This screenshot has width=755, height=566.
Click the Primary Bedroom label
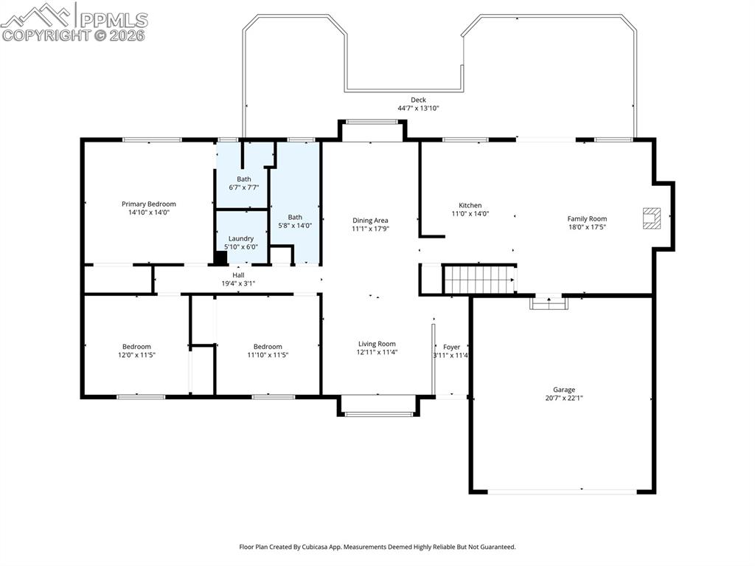(x=148, y=204)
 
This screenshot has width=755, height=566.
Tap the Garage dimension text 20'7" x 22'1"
(x=564, y=398)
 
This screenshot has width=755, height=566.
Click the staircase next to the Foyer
(x=479, y=280)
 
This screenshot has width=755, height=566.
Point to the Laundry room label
(x=240, y=238)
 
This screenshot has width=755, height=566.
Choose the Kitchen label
(x=470, y=205)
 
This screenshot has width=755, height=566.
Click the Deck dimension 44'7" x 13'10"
(x=418, y=108)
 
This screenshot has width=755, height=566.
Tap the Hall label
(x=238, y=275)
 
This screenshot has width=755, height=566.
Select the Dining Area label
(x=369, y=220)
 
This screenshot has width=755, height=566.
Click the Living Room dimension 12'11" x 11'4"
(x=377, y=353)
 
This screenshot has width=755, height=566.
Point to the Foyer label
(x=451, y=347)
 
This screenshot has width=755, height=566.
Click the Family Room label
(x=587, y=218)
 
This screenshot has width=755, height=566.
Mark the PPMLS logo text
(x=114, y=20)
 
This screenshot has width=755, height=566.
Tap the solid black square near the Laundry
(x=220, y=258)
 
